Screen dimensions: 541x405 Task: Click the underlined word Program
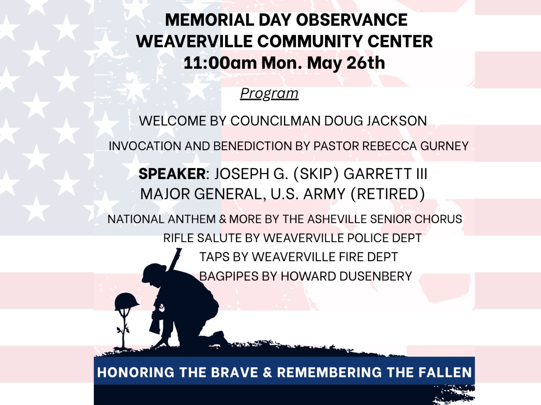coord(269,94)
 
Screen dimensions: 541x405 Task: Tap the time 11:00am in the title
coord(220,63)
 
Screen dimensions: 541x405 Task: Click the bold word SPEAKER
coord(172,174)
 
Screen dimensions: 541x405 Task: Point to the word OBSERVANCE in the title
coord(352,20)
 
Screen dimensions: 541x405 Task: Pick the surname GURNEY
coord(444,146)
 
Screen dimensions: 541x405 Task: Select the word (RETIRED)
coord(388,194)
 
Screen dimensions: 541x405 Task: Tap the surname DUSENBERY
coord(375,276)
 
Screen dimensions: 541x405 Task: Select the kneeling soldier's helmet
coord(154,272)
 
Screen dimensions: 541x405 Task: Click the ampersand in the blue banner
coord(267,372)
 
